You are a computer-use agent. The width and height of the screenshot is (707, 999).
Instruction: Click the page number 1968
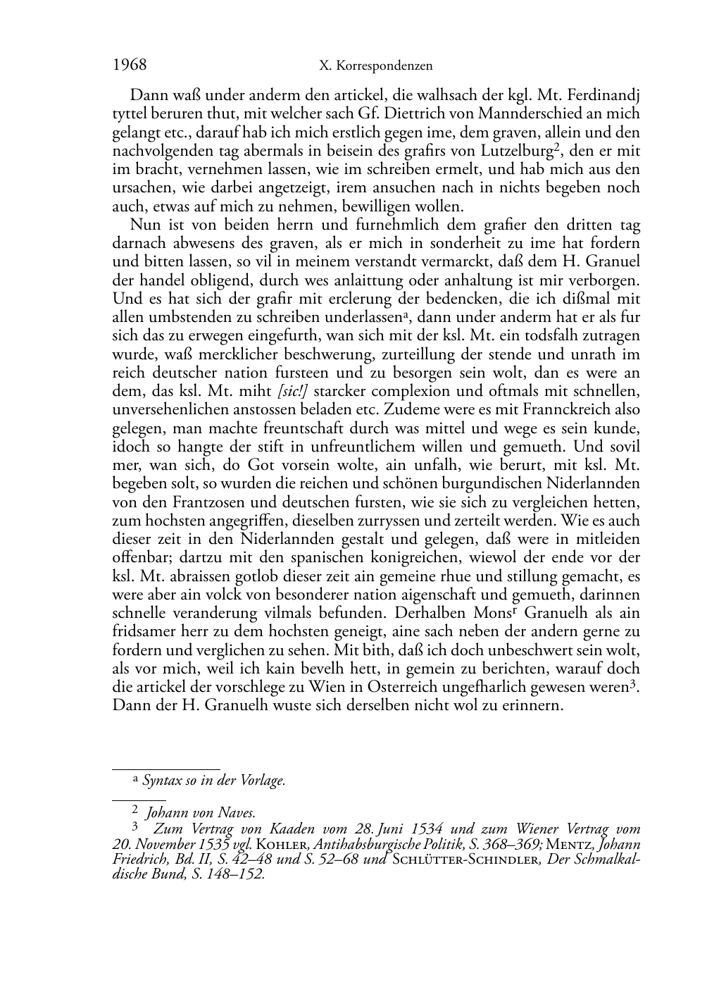click(130, 65)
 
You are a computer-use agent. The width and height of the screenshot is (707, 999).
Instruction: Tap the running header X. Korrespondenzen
click(376, 66)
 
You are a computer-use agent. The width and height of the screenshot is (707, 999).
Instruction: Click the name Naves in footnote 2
click(237, 813)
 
